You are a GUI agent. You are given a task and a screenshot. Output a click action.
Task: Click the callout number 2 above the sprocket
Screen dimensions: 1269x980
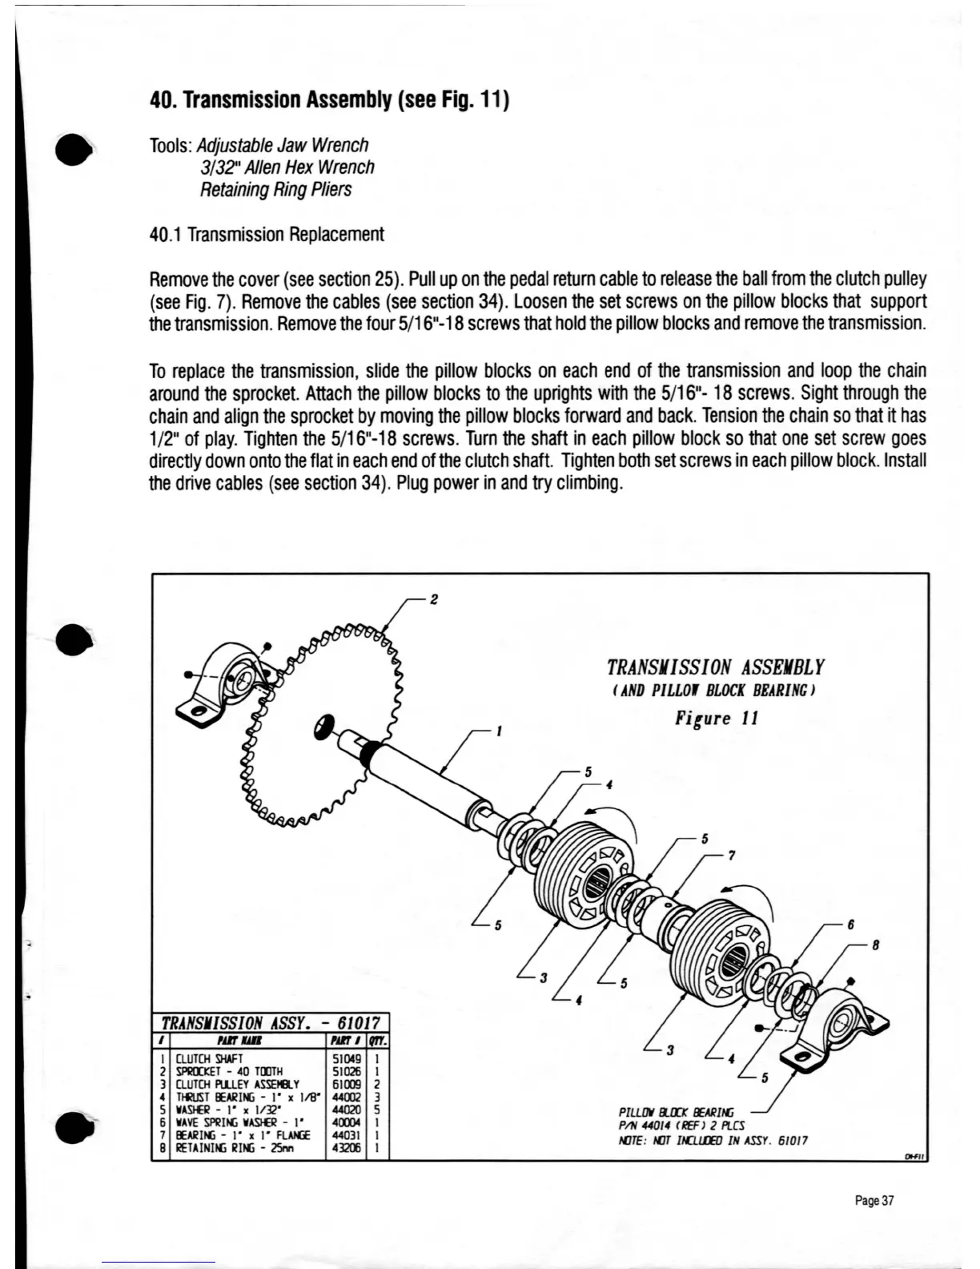(x=433, y=599)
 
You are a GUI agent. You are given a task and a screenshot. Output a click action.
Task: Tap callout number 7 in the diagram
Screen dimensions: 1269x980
(x=731, y=856)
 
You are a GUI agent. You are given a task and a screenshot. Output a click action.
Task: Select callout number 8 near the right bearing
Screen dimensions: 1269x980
(x=876, y=945)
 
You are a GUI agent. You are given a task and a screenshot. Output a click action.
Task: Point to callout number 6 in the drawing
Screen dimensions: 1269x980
(x=851, y=924)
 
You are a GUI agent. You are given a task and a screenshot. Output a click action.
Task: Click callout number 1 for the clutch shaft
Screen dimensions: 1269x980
(x=499, y=731)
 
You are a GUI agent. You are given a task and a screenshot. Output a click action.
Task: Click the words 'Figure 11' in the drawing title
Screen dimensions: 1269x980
(x=716, y=718)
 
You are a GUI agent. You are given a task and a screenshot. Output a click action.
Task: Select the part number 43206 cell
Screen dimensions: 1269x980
(x=346, y=1148)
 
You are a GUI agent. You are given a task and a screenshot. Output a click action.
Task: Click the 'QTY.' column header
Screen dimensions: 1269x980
(x=378, y=1041)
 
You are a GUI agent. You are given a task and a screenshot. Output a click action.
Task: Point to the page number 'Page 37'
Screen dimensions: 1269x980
(x=874, y=1200)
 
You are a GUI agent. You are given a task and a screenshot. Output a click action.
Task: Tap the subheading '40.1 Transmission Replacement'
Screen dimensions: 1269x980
(x=267, y=235)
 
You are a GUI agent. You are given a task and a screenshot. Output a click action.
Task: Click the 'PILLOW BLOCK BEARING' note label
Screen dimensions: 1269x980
(x=676, y=1113)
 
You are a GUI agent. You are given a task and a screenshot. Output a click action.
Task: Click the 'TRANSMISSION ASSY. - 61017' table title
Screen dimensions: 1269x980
(x=271, y=1023)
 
